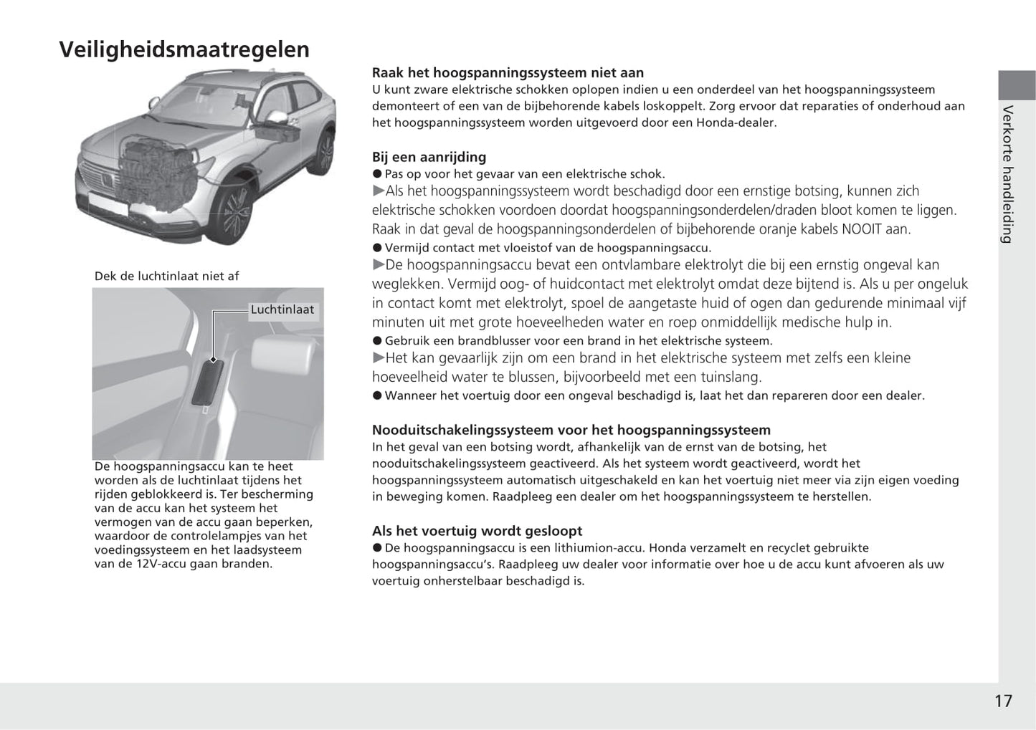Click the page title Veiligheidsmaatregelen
pos(184,49)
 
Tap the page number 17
pos(1003,701)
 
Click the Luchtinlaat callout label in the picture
pos(282,309)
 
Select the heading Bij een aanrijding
pos(429,157)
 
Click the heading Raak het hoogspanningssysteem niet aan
pos(508,72)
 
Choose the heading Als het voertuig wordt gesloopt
pos(477,531)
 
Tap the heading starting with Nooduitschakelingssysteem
pos(571,430)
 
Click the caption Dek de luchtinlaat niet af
pos(166,276)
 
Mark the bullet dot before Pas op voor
pos(377,174)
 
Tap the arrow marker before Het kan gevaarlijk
pos(379,358)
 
